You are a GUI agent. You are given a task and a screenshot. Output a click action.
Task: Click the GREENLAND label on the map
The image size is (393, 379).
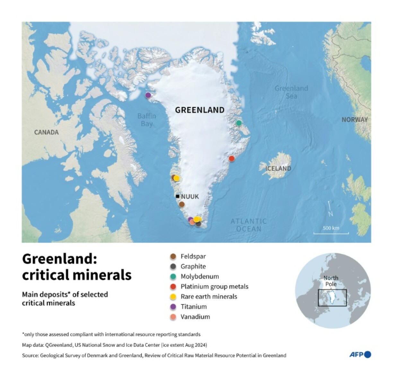(200, 110)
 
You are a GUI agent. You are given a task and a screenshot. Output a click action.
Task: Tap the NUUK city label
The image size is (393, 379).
(190, 196)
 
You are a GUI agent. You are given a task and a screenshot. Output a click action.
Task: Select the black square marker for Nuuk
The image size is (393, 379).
(178, 196)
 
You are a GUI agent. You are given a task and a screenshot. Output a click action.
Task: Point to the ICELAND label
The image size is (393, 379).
(278, 168)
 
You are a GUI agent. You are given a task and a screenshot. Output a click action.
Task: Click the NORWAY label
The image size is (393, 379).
(354, 120)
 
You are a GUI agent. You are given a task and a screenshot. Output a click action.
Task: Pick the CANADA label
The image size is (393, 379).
(47, 132)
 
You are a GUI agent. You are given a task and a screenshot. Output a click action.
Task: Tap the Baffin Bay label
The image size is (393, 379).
(147, 120)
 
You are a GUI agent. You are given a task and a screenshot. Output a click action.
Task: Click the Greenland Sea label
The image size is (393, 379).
(291, 92)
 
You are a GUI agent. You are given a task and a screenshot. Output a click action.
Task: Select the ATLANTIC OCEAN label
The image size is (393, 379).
(249, 225)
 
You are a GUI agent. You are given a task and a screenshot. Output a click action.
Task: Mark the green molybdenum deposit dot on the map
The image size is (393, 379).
(239, 123)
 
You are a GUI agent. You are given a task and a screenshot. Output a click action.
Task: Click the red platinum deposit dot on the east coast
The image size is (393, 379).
(231, 158)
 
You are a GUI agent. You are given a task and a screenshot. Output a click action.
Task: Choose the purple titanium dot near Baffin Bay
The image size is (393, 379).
(148, 95)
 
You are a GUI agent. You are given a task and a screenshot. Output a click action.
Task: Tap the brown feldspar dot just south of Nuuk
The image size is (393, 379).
(182, 204)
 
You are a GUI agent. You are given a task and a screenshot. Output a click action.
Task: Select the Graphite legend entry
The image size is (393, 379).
(193, 266)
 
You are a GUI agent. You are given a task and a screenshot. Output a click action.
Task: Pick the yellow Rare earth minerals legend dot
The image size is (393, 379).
(173, 296)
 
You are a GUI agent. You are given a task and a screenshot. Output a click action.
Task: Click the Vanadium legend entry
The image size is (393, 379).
(195, 317)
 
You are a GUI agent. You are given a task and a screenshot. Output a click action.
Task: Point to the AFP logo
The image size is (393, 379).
(360, 354)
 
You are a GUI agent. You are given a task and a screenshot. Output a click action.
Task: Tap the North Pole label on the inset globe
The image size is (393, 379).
(331, 281)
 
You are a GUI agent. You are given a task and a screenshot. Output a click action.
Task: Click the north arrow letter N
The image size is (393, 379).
(331, 214)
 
